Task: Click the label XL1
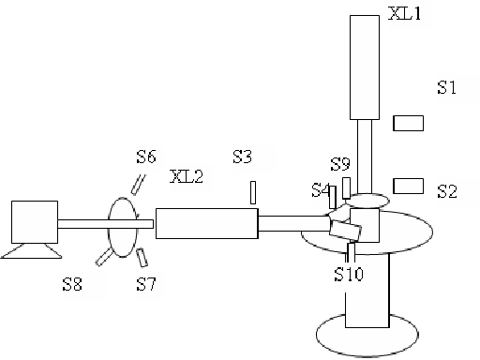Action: click(x=405, y=13)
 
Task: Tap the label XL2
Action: click(x=187, y=176)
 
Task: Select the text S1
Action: click(x=446, y=87)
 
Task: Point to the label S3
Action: click(x=242, y=157)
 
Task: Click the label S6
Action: click(x=146, y=157)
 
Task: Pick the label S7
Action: click(x=146, y=284)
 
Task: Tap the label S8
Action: click(x=72, y=284)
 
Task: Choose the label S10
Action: click(x=349, y=275)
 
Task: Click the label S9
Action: click(x=340, y=164)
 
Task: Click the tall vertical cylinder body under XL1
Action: click(x=365, y=67)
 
